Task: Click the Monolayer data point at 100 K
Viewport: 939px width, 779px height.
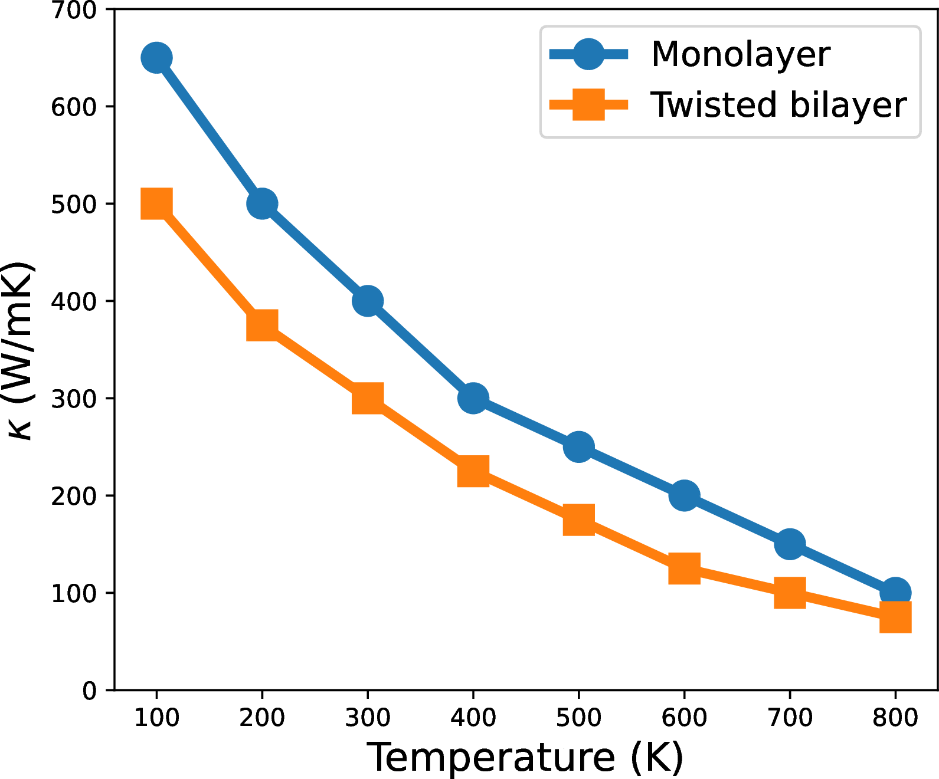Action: [x=156, y=58]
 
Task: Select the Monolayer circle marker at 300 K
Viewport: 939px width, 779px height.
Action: [x=368, y=301]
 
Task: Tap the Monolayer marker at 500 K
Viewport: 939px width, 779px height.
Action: [x=578, y=447]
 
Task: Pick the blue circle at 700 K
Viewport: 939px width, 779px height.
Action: [x=790, y=544]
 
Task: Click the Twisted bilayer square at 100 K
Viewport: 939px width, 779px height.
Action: [x=156, y=203]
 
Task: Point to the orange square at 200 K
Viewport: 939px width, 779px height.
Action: [x=262, y=325]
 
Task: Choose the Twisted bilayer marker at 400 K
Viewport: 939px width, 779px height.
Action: [x=473, y=471]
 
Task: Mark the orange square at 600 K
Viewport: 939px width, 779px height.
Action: [x=684, y=568]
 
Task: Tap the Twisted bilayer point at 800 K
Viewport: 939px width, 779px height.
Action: [x=895, y=617]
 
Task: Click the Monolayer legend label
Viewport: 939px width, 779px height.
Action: [x=740, y=54]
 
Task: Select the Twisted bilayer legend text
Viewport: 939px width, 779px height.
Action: [x=778, y=105]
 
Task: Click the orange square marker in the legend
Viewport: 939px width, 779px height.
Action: [x=588, y=105]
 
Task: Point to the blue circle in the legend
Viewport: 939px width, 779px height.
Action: [x=588, y=54]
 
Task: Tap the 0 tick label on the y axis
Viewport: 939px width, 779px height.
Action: [x=89, y=691]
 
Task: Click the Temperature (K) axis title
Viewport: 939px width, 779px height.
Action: [x=525, y=757]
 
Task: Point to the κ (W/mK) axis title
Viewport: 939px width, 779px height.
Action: [x=21, y=350]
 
